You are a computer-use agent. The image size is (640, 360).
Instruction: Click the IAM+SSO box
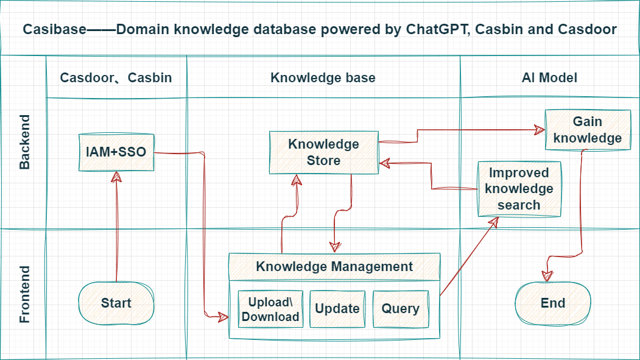(116, 152)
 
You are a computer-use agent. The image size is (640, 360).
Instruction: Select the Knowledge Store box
(323, 152)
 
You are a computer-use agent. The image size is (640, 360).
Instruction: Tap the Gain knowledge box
(587, 130)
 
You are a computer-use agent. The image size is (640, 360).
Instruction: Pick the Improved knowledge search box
(519, 189)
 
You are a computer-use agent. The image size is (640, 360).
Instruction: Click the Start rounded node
(116, 303)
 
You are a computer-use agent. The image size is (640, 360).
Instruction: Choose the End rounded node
(552, 303)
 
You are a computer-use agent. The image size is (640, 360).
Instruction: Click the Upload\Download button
(270, 309)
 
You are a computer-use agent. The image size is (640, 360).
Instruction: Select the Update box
(337, 309)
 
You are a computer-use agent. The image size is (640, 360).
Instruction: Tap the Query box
(400, 309)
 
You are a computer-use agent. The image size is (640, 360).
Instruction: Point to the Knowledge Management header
(334, 266)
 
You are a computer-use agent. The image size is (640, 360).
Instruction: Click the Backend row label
(24, 141)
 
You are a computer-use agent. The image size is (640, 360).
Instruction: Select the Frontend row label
(24, 294)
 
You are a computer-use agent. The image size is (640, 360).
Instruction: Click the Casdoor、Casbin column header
(116, 77)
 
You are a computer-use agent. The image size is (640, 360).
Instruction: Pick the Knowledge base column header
(323, 77)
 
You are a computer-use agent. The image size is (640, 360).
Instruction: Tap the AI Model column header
(549, 77)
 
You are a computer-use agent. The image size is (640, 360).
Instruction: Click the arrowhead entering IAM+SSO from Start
(116, 176)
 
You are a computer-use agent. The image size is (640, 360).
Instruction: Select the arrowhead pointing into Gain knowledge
(539, 129)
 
